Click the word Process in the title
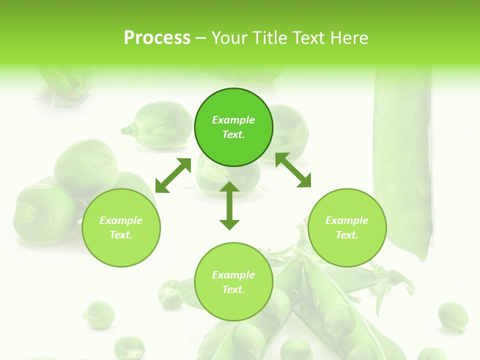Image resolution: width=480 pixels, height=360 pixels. tap(157, 38)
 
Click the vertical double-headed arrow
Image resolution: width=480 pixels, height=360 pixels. tap(229, 205)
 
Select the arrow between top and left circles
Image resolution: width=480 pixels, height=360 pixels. tap(173, 175)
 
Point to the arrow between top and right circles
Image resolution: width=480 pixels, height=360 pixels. tap(293, 170)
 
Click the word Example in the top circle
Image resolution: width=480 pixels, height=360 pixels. tap(233, 120)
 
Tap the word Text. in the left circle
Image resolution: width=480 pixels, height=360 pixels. tap(121, 235)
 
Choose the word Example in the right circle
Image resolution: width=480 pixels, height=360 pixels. tap(347, 220)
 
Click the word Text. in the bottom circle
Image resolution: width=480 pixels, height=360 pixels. tap(233, 289)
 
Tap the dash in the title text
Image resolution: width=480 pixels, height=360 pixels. tap(200, 38)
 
